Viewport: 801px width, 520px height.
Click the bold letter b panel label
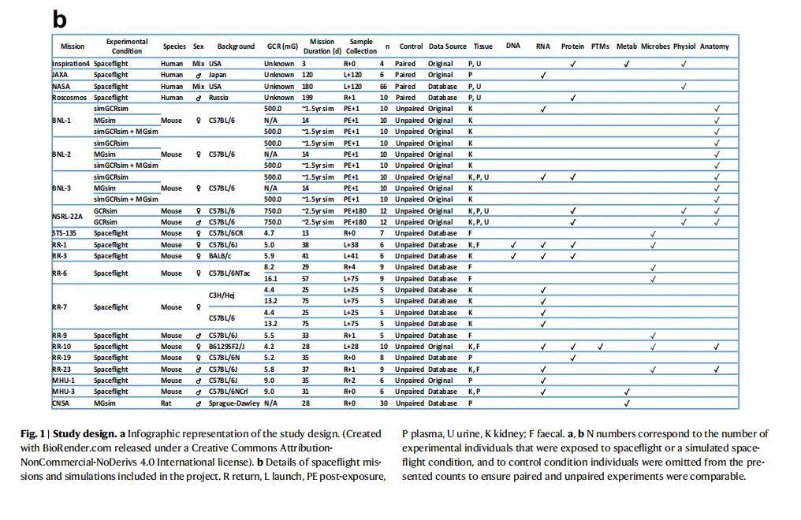click(x=60, y=19)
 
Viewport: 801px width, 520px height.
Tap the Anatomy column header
click(x=714, y=46)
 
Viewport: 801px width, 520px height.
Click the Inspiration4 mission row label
click(x=71, y=64)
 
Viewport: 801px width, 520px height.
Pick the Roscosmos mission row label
click(x=69, y=98)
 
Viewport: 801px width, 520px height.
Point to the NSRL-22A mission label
click(x=68, y=217)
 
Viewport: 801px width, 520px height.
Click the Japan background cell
click(x=217, y=75)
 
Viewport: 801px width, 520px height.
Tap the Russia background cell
click(x=218, y=98)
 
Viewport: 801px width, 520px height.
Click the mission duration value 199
click(x=307, y=98)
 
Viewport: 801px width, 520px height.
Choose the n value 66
click(x=383, y=87)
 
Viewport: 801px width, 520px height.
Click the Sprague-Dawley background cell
click(x=234, y=403)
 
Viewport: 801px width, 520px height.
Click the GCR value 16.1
click(x=270, y=279)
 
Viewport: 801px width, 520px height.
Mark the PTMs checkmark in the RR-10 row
click(x=600, y=347)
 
